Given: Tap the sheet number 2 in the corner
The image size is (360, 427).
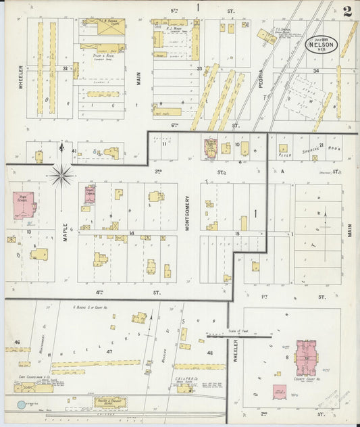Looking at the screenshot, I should tap(346, 11).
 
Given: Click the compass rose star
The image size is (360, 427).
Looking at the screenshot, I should tap(61, 176).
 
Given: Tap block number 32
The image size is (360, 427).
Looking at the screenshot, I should tap(66, 68).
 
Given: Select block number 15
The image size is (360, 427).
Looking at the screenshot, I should tap(236, 234).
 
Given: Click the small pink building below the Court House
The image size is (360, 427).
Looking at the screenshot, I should tap(278, 392).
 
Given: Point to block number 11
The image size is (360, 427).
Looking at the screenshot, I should tap(163, 143).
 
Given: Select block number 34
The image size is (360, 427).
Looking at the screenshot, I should tap(315, 70).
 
